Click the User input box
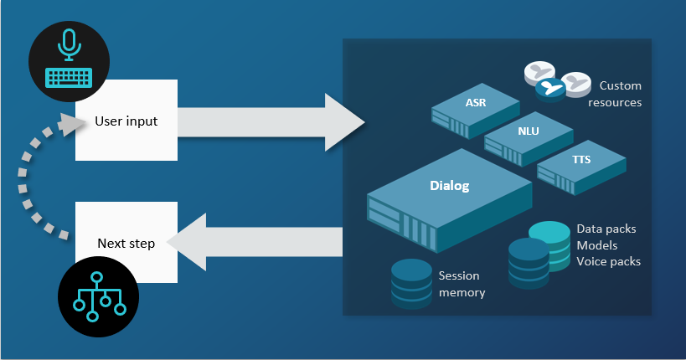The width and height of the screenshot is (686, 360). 126,121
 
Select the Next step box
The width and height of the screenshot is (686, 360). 126,242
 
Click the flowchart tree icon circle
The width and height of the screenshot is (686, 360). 99,298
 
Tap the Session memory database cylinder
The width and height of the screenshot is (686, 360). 410,280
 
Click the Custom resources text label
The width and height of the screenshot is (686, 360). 620,94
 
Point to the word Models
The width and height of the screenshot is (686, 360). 596,244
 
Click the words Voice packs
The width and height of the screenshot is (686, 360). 608,261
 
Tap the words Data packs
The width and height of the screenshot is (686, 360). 606,228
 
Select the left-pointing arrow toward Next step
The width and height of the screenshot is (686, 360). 260,242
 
